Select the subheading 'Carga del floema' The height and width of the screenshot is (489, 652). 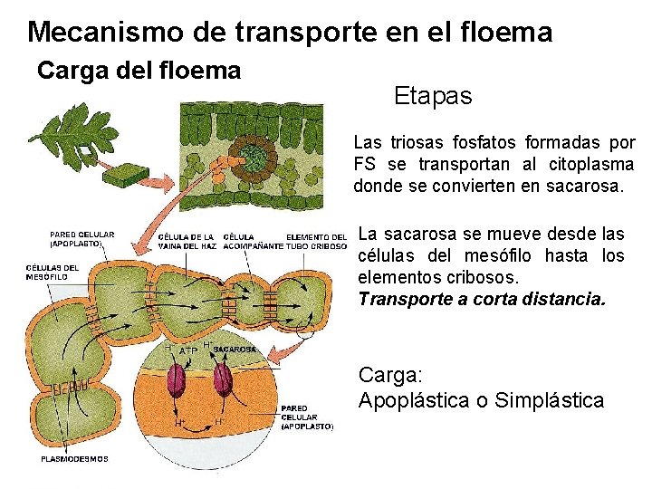point(139,71)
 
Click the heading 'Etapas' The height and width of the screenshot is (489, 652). point(433,95)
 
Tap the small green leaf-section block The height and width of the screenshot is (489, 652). point(126,177)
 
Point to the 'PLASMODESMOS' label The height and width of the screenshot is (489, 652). point(75,459)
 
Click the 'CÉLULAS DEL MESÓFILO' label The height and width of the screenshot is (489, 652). point(52,272)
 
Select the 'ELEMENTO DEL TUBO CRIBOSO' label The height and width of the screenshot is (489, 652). point(316,242)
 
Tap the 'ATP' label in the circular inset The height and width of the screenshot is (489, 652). point(188,350)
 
